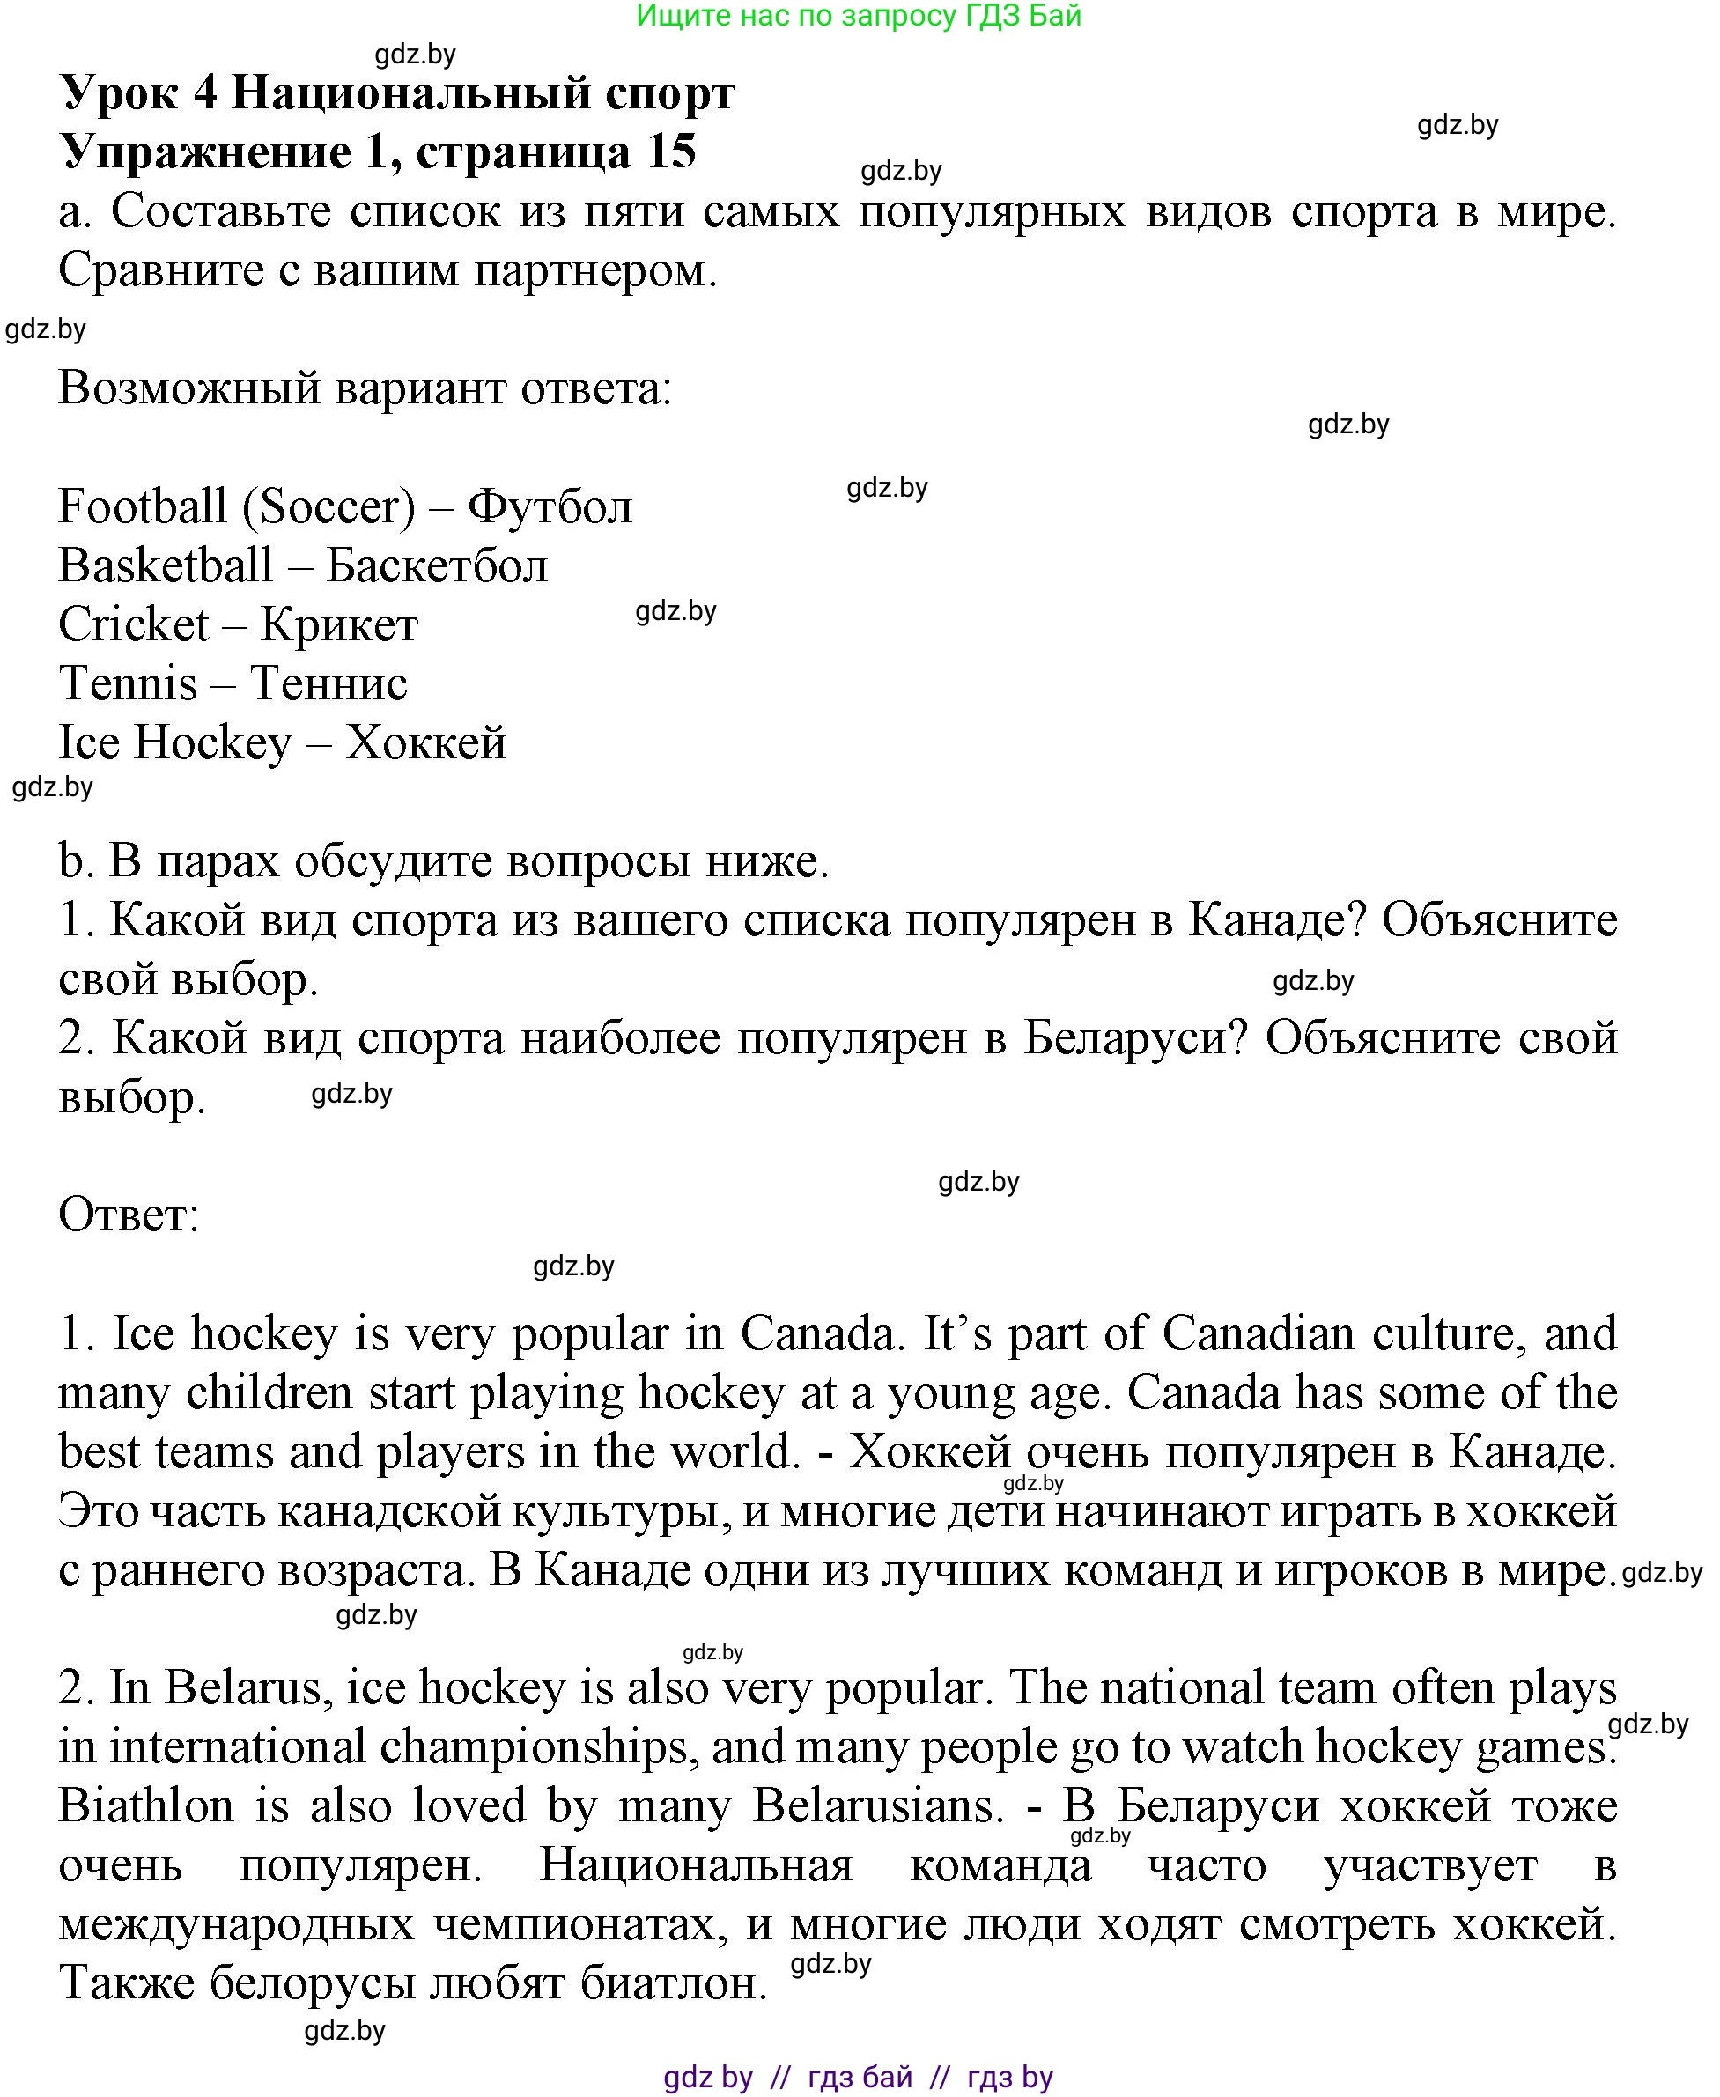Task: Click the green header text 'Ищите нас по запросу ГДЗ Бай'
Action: click(858, 16)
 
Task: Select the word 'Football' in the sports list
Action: click(143, 507)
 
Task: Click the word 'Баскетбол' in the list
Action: click(437, 566)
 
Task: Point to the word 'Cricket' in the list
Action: click(133, 625)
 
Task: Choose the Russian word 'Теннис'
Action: click(328, 684)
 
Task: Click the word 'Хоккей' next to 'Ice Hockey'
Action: click(426, 743)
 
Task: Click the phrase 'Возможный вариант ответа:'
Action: click(365, 388)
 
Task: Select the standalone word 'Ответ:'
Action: click(129, 1215)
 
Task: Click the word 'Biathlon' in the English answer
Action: click(145, 1805)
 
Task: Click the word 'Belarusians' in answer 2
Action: click(873, 1805)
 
